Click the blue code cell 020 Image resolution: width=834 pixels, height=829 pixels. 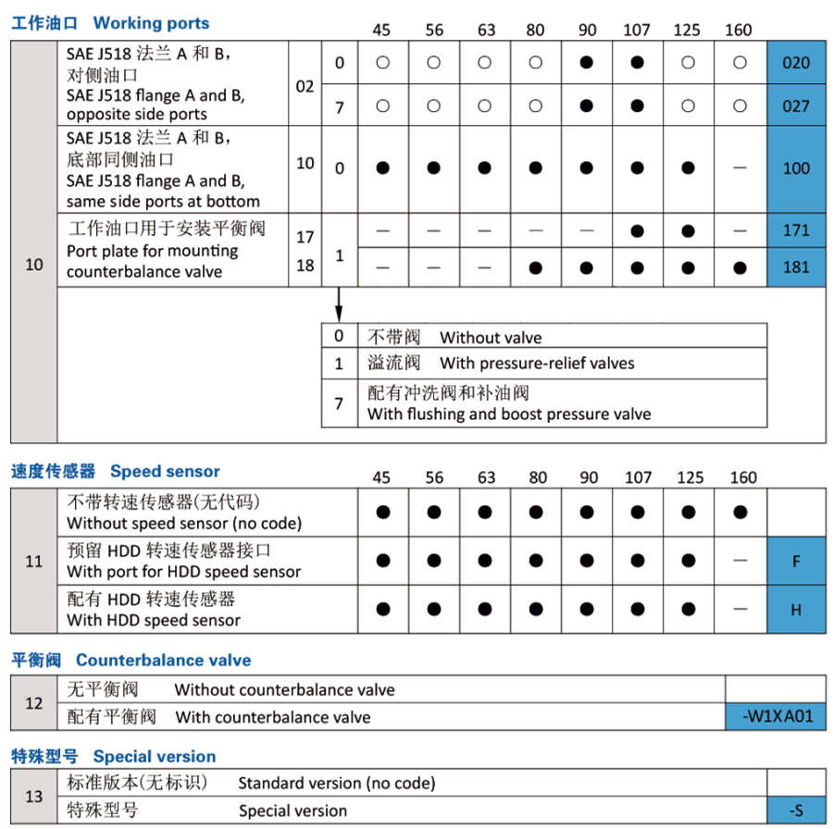click(795, 63)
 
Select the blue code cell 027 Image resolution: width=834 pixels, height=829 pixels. click(795, 105)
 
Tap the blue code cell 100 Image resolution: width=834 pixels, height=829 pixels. click(795, 168)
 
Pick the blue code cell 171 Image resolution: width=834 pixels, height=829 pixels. click(795, 229)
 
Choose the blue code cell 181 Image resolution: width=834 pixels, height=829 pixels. click(795, 267)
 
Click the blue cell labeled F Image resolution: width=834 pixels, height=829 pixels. click(795, 562)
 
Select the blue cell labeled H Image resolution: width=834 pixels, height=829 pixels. click(795, 610)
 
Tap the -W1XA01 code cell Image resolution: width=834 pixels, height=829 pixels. click(776, 716)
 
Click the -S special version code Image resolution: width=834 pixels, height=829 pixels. click(795, 810)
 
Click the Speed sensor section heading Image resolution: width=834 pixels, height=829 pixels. click(165, 472)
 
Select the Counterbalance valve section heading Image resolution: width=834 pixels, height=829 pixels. click(163, 660)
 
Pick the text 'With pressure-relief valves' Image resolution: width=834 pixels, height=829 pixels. click(537, 363)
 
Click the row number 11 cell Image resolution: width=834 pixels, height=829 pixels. click(34, 561)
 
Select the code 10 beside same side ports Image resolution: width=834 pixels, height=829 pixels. click(305, 164)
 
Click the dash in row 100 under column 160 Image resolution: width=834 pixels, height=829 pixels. click(739, 168)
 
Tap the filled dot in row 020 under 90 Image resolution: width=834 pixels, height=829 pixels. click(586, 63)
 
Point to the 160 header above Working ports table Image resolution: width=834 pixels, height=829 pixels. click(739, 30)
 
